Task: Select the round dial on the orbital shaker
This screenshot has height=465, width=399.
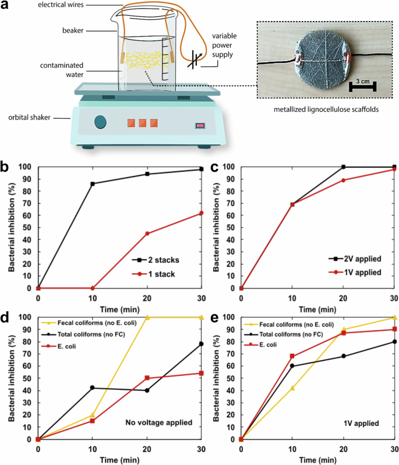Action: coord(100,122)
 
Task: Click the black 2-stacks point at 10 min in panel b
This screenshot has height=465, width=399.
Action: coord(93,184)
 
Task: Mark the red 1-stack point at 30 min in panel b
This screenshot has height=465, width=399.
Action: coord(202,213)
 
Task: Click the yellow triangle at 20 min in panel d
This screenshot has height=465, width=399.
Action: coord(147,317)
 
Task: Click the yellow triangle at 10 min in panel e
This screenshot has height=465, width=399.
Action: coord(293,388)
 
